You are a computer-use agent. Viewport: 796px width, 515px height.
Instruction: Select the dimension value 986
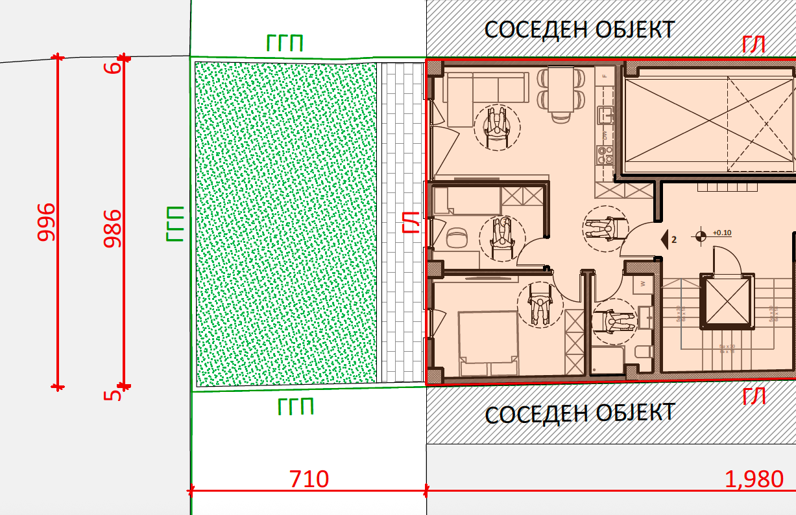point(114,228)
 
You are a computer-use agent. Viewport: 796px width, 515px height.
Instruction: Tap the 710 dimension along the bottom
point(309,480)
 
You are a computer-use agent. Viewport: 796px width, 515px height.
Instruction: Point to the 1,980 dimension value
point(753,479)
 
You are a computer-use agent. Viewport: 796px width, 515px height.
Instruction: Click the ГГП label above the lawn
point(285,44)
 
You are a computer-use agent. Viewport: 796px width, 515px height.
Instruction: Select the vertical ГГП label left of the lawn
point(175,224)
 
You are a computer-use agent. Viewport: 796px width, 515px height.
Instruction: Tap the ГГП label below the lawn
point(295,407)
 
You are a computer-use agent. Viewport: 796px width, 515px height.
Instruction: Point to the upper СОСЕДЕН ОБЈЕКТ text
point(580,29)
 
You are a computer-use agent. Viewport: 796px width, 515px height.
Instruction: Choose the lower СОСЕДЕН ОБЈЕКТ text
point(580,413)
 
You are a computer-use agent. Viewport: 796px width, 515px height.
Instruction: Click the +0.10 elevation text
point(721,233)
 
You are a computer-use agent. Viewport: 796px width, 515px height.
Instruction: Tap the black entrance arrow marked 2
point(666,239)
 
